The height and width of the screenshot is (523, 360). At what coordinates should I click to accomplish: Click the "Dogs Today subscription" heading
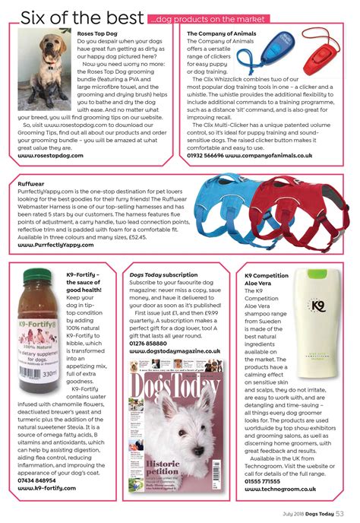165,274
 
